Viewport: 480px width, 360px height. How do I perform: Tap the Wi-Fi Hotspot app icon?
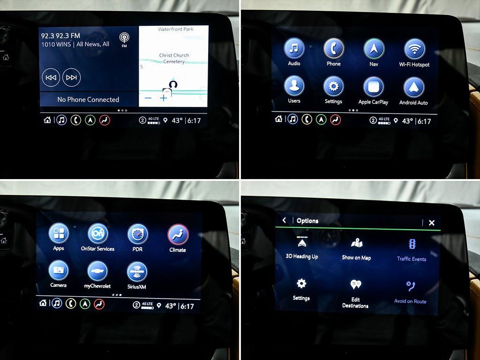[x=414, y=49]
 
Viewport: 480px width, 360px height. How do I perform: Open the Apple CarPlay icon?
[x=374, y=87]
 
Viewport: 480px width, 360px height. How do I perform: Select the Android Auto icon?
[x=414, y=87]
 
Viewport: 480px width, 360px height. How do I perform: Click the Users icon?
[x=294, y=86]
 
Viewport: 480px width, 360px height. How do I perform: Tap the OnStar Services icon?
[x=98, y=234]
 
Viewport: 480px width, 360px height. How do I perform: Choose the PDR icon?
[x=138, y=234]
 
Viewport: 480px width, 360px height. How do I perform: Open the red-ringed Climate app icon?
[x=178, y=235]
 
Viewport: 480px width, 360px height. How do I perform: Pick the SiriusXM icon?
[x=137, y=272]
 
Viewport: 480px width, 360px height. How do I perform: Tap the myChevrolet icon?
[x=97, y=271]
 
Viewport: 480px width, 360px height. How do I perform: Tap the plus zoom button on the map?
[x=164, y=98]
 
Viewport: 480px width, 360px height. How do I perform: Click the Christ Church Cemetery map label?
[x=174, y=58]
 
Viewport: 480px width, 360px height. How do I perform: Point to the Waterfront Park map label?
[x=176, y=29]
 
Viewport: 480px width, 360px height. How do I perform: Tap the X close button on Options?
[x=432, y=223]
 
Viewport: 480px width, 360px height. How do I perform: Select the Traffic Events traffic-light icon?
[x=412, y=244]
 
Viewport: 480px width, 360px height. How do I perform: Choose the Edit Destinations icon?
[x=356, y=285]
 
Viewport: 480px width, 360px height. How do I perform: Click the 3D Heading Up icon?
[x=302, y=241]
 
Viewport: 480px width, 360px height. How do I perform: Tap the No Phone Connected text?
[x=88, y=99]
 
